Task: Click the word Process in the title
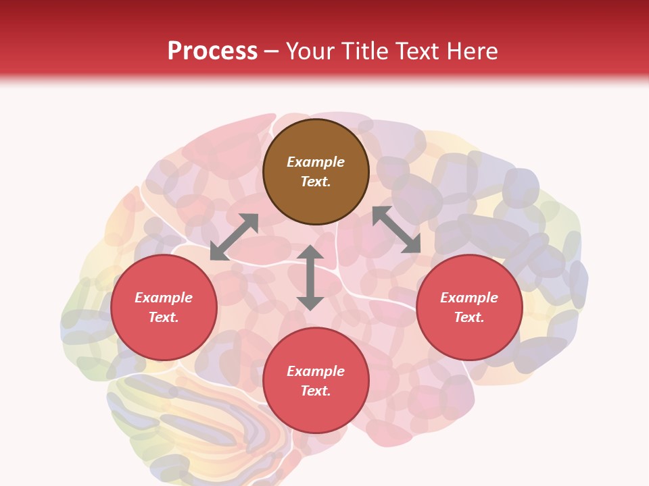(x=212, y=51)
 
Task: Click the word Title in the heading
(x=365, y=51)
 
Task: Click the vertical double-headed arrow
(x=310, y=277)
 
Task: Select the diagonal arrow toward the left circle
(x=234, y=236)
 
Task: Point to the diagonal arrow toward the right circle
(x=396, y=230)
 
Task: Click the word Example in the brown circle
(x=316, y=162)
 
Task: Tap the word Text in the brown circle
(x=316, y=182)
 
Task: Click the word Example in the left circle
(x=164, y=298)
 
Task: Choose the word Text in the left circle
(x=164, y=318)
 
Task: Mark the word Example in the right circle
(x=469, y=298)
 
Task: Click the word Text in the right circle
(x=469, y=318)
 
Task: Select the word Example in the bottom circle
(x=316, y=371)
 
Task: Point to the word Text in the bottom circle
(x=316, y=391)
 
